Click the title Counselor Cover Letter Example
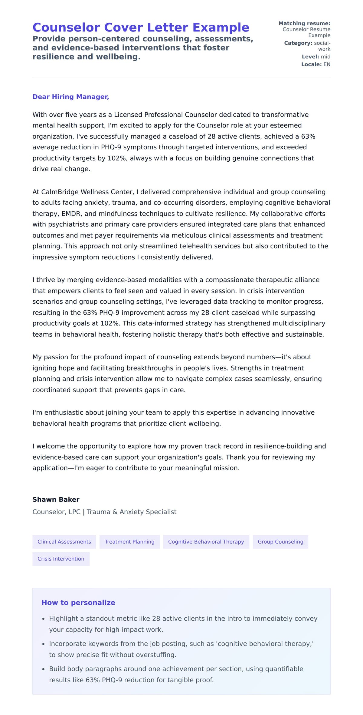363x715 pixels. click(141, 27)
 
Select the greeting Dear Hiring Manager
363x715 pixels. click(70, 97)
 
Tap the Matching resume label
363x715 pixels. click(304, 23)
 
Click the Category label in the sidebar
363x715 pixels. click(298, 43)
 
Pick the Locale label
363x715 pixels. click(311, 64)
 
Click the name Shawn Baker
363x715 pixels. click(56, 500)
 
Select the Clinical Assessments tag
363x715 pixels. click(64, 542)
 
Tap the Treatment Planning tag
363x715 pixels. click(129, 542)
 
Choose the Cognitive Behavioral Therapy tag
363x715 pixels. click(206, 542)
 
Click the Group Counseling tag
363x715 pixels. click(280, 542)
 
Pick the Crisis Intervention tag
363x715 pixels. click(61, 559)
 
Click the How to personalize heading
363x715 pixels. click(78, 603)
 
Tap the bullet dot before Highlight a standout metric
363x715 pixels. click(44, 619)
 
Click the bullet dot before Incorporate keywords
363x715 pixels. click(44, 644)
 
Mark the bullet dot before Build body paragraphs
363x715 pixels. click(44, 669)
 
